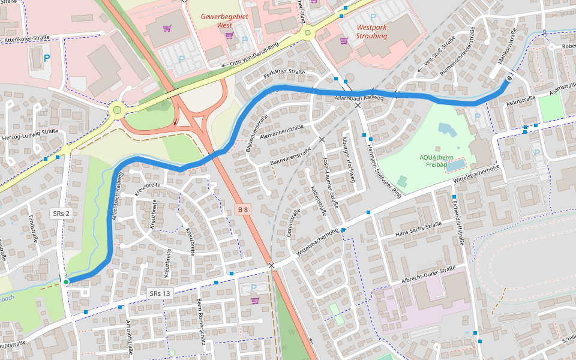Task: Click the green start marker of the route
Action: coord(66,281)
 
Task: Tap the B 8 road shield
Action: coord(243,209)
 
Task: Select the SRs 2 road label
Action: coord(60,214)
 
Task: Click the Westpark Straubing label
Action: coord(371,32)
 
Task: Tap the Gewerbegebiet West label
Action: coord(224,21)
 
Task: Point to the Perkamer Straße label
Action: coord(284,75)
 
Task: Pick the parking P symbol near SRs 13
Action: coord(253,289)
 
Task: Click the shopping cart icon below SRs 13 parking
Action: coord(254,300)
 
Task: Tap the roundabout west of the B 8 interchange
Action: coord(116,110)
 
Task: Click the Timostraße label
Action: coord(32,229)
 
